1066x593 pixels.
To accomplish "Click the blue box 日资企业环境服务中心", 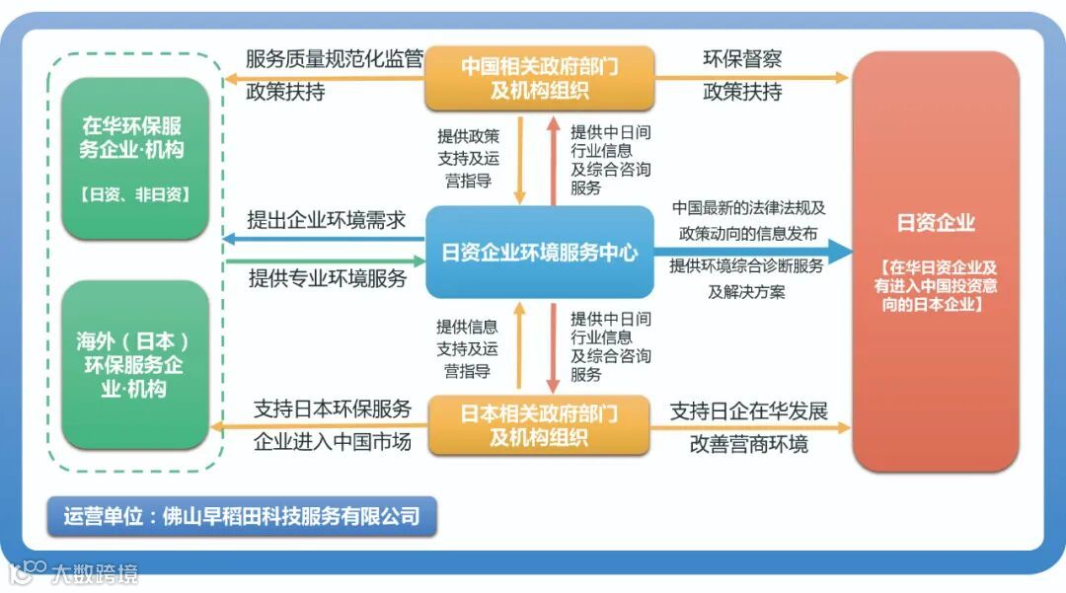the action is (539, 253).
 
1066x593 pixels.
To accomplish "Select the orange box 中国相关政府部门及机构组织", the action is (539, 78).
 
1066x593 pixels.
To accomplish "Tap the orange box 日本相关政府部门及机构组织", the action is (539, 424).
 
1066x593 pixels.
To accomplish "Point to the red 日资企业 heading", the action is (935, 223).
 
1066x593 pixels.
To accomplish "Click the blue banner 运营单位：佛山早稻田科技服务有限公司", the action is (242, 515).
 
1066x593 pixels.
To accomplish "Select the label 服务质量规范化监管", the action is (334, 59).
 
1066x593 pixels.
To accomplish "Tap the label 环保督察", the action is (742, 59).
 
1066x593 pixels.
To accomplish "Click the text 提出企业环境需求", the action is (327, 220).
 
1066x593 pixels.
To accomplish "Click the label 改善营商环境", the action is (748, 444).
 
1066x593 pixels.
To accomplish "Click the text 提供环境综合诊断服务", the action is (746, 266).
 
